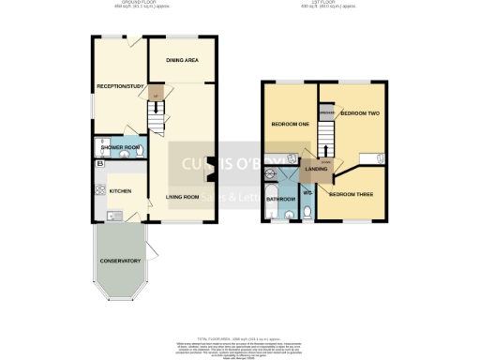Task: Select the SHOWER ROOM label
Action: [x=120, y=147]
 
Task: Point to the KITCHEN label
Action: [x=120, y=191]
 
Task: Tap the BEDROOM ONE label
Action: [x=290, y=125]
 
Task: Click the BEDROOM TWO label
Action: [x=359, y=113]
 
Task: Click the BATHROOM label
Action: [x=280, y=199]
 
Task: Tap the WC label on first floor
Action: [x=307, y=193]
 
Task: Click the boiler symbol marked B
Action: [x=100, y=166]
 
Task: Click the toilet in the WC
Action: [x=307, y=215]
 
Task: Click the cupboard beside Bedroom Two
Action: [x=327, y=113]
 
